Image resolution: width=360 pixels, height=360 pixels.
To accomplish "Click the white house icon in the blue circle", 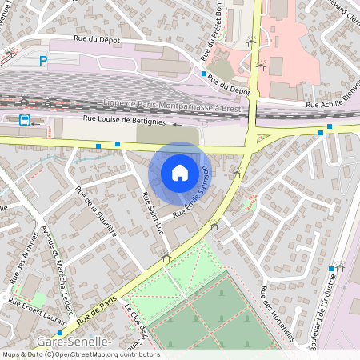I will (180, 172).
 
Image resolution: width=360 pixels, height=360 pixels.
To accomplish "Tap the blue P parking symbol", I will (43, 60).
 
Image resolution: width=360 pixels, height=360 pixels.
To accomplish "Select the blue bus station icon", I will (25, 121).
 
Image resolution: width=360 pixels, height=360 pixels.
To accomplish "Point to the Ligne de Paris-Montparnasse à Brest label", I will (172, 105).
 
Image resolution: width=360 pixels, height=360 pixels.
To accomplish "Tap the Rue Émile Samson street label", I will (194, 192).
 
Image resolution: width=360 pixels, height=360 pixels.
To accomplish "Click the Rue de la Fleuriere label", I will (96, 211).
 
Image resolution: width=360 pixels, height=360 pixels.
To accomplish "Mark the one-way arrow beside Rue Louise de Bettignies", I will (176, 125).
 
